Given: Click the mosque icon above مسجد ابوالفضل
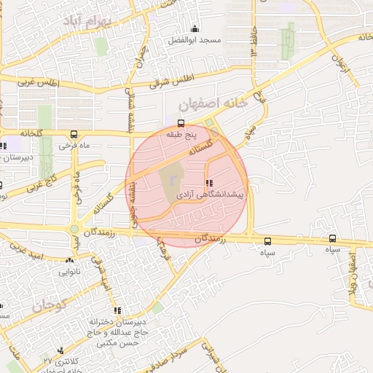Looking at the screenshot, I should click(195, 29).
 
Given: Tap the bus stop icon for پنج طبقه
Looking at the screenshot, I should click(181, 123).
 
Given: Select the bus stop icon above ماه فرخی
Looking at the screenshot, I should click(74, 134).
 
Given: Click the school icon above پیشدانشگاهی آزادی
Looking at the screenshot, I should click(210, 183).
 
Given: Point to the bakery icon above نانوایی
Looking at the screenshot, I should click(70, 259).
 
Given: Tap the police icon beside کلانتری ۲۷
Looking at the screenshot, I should click(60, 350).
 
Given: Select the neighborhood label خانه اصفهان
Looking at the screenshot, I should click(217, 104).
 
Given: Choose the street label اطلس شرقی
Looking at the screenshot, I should click(172, 79).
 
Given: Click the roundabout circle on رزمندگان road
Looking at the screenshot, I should click(74, 229).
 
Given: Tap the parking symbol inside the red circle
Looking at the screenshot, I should click(173, 179).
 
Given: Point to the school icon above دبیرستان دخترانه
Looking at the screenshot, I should click(118, 311).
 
